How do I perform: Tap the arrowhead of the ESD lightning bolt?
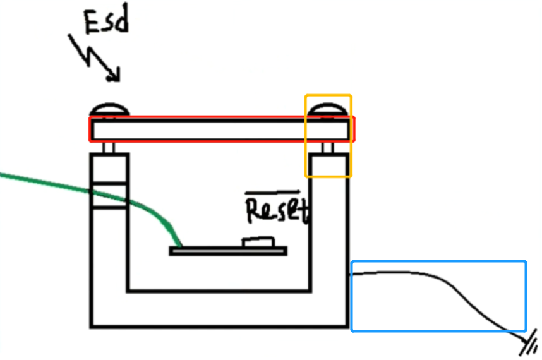[113, 78]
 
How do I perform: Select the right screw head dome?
[328, 109]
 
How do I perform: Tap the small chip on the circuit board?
[258, 241]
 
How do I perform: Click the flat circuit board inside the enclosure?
[228, 251]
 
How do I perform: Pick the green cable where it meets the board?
[179, 245]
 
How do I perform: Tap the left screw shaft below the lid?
[109, 147]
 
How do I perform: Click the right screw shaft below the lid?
[328, 148]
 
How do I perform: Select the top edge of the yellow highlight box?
[328, 95]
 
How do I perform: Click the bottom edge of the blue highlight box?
[438, 330]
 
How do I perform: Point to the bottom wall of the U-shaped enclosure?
[220, 309]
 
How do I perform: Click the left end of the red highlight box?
[90, 129]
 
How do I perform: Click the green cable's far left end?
[3, 174]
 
